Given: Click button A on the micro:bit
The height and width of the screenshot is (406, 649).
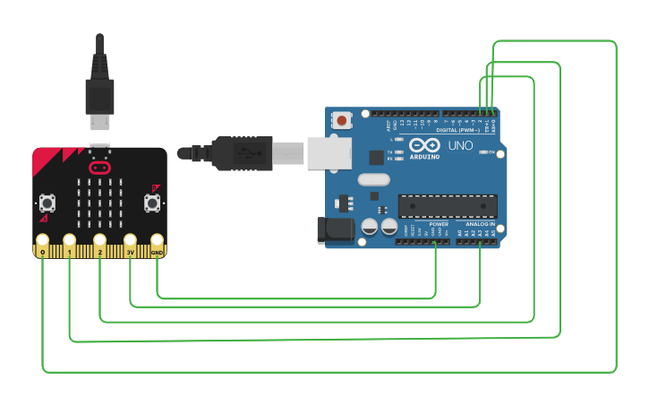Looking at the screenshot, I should [x=47, y=203].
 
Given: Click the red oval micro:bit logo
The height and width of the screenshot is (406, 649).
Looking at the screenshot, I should [x=99, y=168].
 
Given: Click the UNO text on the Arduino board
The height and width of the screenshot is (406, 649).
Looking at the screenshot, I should [x=460, y=145].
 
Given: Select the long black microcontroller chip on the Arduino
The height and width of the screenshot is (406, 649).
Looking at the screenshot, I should [x=447, y=206].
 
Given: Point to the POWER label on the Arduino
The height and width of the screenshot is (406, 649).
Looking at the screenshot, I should [x=439, y=224].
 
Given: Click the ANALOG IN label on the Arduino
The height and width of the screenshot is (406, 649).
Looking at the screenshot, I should [x=479, y=224].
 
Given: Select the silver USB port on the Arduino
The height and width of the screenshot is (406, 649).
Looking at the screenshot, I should [x=329, y=152].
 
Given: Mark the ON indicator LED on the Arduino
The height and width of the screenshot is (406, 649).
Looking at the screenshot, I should [x=484, y=153].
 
